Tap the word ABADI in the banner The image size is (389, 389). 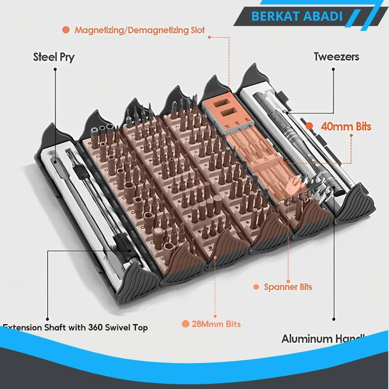(324, 17)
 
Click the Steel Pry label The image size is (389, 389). (54, 57)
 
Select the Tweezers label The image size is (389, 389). (336, 57)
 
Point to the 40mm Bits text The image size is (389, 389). (346, 126)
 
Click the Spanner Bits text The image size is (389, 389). (288, 287)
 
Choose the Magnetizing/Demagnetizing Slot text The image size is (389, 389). (139, 30)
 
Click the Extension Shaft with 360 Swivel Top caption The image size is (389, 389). (75, 327)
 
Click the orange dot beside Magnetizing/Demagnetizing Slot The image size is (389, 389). (66, 30)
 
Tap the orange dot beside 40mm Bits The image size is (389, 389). (310, 126)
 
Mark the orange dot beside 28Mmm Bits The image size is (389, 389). (185, 324)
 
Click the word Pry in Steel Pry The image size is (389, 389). (66, 57)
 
